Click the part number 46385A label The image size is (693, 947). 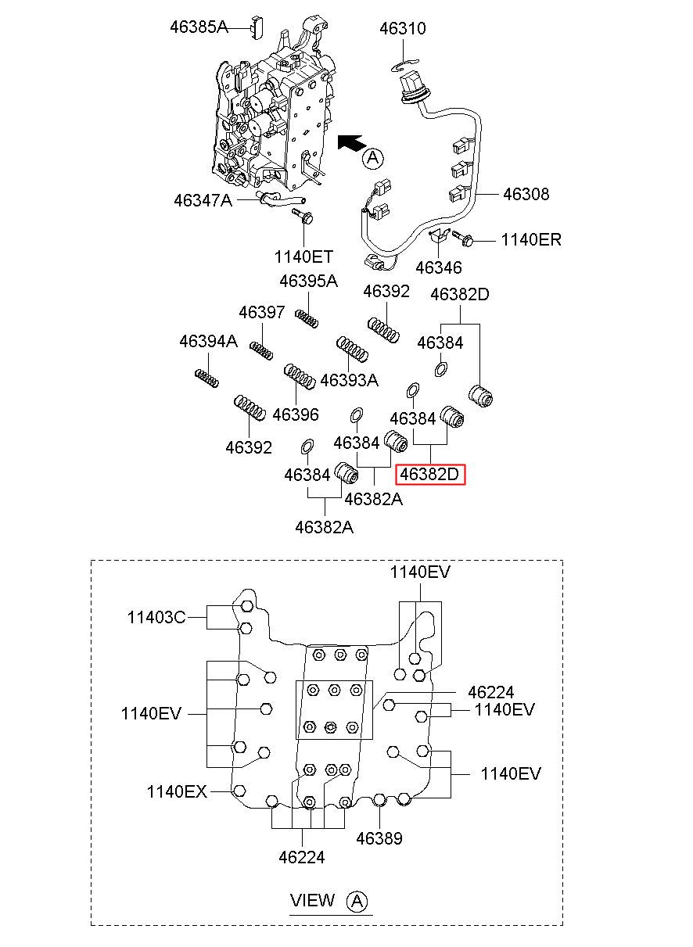click(199, 27)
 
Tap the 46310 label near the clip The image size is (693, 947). click(403, 28)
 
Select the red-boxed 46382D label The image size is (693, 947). click(429, 475)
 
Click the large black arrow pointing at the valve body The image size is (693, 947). click(351, 142)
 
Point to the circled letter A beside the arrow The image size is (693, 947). click(373, 158)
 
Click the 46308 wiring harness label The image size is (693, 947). click(526, 194)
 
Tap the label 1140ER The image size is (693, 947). click(531, 240)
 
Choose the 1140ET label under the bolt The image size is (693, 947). click(303, 256)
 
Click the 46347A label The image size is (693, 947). click(203, 200)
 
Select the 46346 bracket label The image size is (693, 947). click(439, 267)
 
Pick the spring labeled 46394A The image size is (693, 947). click(206, 378)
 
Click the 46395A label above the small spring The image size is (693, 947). click(308, 281)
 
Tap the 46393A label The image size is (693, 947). click(349, 380)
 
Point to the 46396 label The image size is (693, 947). click(295, 414)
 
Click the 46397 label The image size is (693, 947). click(262, 313)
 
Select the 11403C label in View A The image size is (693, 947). click(156, 618)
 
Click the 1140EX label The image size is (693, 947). click(177, 791)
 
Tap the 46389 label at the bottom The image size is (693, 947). click(379, 838)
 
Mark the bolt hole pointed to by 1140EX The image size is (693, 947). click(239, 791)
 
